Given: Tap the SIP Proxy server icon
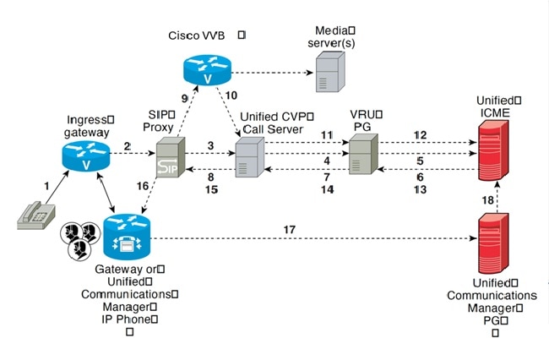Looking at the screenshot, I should pyautogui.click(x=169, y=157).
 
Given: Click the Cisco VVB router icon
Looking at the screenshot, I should pyautogui.click(x=205, y=68).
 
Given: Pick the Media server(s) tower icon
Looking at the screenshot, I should pyautogui.click(x=329, y=69).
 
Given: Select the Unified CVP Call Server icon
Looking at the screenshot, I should pyautogui.click(x=249, y=157).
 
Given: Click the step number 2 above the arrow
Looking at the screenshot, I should pyautogui.click(x=128, y=145).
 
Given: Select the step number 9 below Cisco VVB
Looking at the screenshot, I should pyautogui.click(x=185, y=98).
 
